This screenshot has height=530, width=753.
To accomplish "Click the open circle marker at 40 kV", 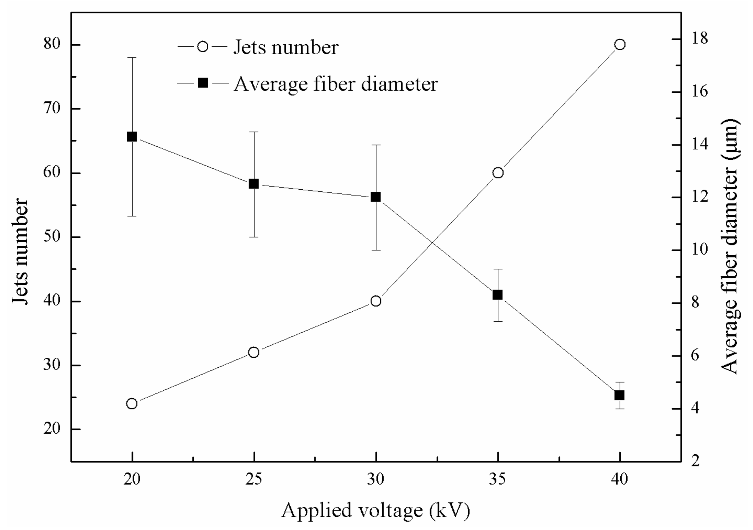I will tap(620, 45).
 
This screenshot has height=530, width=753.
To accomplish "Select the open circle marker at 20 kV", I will tap(132, 403).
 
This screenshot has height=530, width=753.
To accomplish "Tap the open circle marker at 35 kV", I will tap(498, 173).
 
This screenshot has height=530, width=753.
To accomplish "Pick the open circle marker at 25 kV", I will tap(254, 352).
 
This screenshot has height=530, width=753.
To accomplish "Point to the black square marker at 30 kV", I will tap(376, 197).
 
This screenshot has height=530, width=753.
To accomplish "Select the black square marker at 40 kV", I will tap(619, 395).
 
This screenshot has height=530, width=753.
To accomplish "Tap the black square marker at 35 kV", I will tap(498, 295).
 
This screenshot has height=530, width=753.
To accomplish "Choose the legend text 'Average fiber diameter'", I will tap(336, 84).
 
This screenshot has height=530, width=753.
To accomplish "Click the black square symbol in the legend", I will tap(203, 83).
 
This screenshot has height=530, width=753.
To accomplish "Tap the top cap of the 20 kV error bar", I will tap(132, 57).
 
